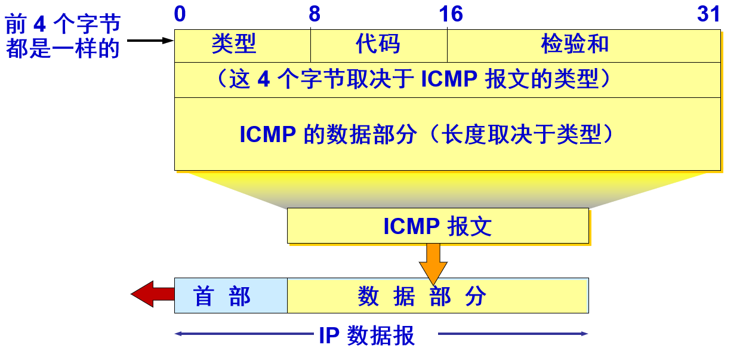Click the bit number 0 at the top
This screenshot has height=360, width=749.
pos(180,14)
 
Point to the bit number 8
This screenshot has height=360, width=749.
pos(315,14)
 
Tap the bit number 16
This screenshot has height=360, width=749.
pos(451,14)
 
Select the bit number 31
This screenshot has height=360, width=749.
pos(708,14)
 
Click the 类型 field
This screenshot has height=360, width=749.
pos(234,44)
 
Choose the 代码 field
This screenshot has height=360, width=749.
pos(378,44)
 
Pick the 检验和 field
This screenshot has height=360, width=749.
pos(575,44)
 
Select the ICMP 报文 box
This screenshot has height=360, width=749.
pos(437,226)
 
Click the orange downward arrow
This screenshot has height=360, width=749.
pos(433,263)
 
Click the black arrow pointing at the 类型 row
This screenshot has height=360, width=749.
pos(150,41)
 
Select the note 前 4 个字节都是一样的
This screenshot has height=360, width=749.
pos(63,36)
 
